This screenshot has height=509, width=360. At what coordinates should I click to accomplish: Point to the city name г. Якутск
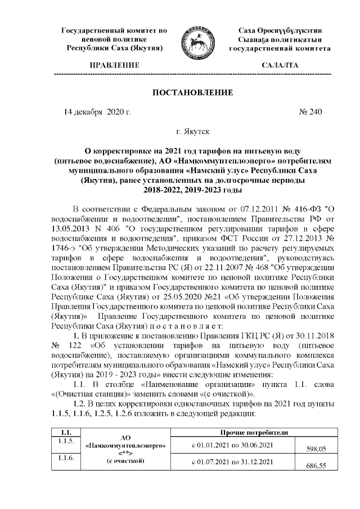point(193,133)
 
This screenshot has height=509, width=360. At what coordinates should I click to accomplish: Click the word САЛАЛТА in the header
point(280,66)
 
